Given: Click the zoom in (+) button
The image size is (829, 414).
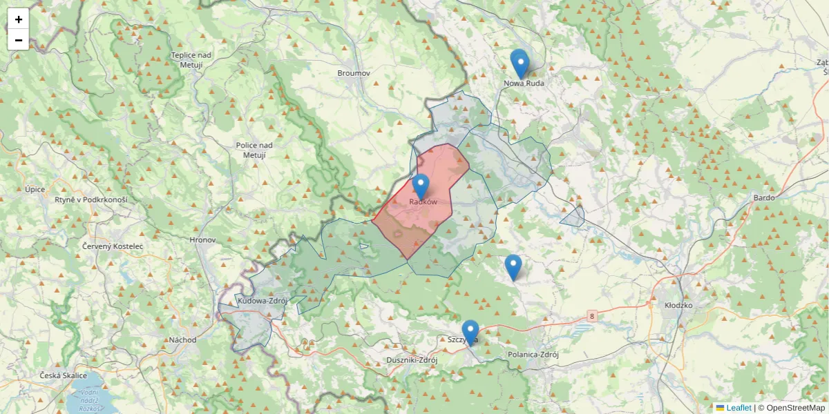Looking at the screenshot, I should click(19, 19).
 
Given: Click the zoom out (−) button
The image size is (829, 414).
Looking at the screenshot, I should click(19, 40).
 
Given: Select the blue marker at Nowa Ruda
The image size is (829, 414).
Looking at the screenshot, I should click(520, 64).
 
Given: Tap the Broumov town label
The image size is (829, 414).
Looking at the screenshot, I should click(354, 72).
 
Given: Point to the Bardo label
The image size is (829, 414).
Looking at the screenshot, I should click(764, 197).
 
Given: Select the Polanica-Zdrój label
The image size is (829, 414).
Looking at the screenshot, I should click(532, 354).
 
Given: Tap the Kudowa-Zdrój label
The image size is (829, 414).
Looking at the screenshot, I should click(262, 301).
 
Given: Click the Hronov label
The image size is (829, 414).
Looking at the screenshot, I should click(202, 240).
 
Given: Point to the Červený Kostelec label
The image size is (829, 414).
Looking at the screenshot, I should click(112, 246).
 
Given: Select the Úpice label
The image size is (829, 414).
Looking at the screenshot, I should click(35, 189).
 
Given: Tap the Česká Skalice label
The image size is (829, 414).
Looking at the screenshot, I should click(63, 375).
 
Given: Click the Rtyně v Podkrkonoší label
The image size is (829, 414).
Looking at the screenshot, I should click(90, 199).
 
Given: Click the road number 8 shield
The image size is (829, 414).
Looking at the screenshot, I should click(592, 316).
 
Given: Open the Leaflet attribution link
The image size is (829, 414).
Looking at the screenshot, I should click(738, 408).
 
